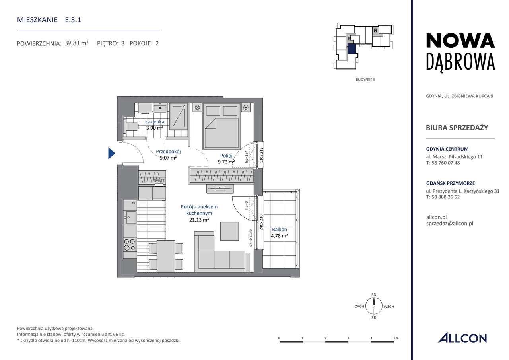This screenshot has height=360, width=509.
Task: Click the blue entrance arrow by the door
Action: pyautogui.click(x=112, y=153)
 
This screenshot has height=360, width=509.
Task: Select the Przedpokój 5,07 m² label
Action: pyautogui.click(x=168, y=154)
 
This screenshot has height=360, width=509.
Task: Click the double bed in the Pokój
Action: pyautogui.click(x=221, y=126)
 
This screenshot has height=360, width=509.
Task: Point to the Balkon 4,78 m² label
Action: pyautogui.click(x=280, y=233)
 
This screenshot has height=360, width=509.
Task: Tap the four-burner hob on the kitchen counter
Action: pyautogui.click(x=130, y=244)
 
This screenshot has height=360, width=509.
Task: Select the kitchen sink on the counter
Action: pyautogui.click(x=130, y=217)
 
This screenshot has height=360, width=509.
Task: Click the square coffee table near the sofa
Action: pyautogui.click(x=229, y=231)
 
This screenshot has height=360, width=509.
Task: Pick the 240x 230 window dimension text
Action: pyautogui.click(x=261, y=222)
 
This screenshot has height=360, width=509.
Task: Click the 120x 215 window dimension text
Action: pyautogui.click(x=261, y=155)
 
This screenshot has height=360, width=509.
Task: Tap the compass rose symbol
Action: pyautogui.click(x=374, y=306)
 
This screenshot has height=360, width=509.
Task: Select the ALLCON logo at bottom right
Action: pyautogui.click(x=462, y=338)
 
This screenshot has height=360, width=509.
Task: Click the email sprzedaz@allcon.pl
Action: pyautogui.click(x=449, y=224)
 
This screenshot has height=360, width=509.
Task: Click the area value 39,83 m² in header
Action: pyautogui.click(x=76, y=43)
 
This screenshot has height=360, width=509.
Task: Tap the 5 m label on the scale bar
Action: pyautogui.click(x=395, y=338)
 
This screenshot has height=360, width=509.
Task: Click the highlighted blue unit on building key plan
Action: pyautogui.click(x=352, y=49)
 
